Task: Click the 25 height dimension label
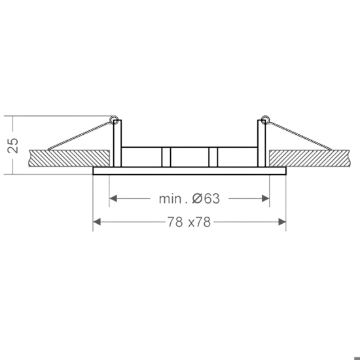(12, 145)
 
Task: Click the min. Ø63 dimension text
(189, 198)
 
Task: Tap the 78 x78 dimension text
(189, 222)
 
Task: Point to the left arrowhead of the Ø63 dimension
(113, 198)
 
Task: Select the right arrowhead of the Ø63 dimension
(266, 198)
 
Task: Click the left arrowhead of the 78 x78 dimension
(97, 222)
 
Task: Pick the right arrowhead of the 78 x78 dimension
(282, 222)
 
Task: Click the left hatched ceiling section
(69, 158)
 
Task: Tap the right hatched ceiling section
(310, 158)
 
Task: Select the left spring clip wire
(80, 135)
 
